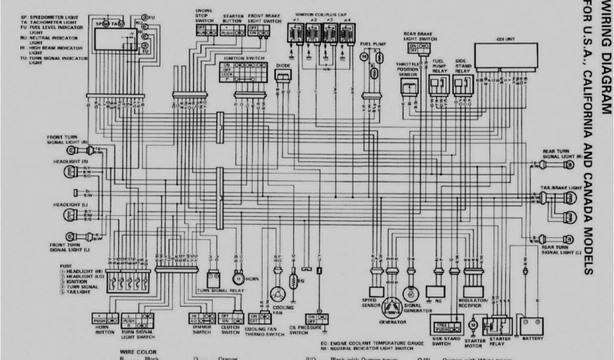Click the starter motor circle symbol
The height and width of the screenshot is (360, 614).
click(x=472, y=325)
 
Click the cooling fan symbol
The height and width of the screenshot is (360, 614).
click(x=278, y=295)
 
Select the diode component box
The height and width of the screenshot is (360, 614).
click(x=282, y=76)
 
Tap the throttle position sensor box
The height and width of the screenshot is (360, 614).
click(x=410, y=88)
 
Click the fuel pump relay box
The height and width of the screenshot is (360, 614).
click(x=439, y=87)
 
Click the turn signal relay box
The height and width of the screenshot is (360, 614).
click(x=213, y=280)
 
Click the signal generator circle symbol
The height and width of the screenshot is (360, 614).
click(x=411, y=293)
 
